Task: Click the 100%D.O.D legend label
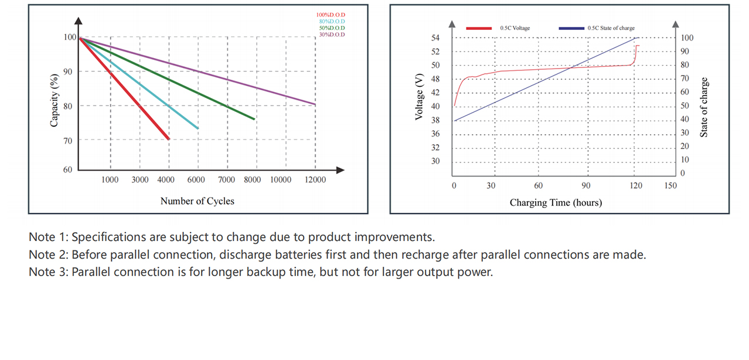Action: coord(331,15)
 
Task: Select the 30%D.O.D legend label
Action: coord(331,35)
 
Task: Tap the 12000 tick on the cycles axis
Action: coord(315,180)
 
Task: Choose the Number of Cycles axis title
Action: coord(197,201)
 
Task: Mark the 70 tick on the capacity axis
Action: coord(68,140)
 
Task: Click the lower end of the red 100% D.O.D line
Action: coord(168,138)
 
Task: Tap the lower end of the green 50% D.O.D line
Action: coord(254,119)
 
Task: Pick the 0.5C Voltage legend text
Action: coord(515,28)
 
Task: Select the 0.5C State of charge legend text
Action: coord(611,28)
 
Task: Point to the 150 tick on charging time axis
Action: coord(670,186)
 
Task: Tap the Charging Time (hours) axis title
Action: coord(556,203)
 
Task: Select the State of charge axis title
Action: coord(704,107)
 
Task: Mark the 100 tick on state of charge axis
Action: coord(687,38)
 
